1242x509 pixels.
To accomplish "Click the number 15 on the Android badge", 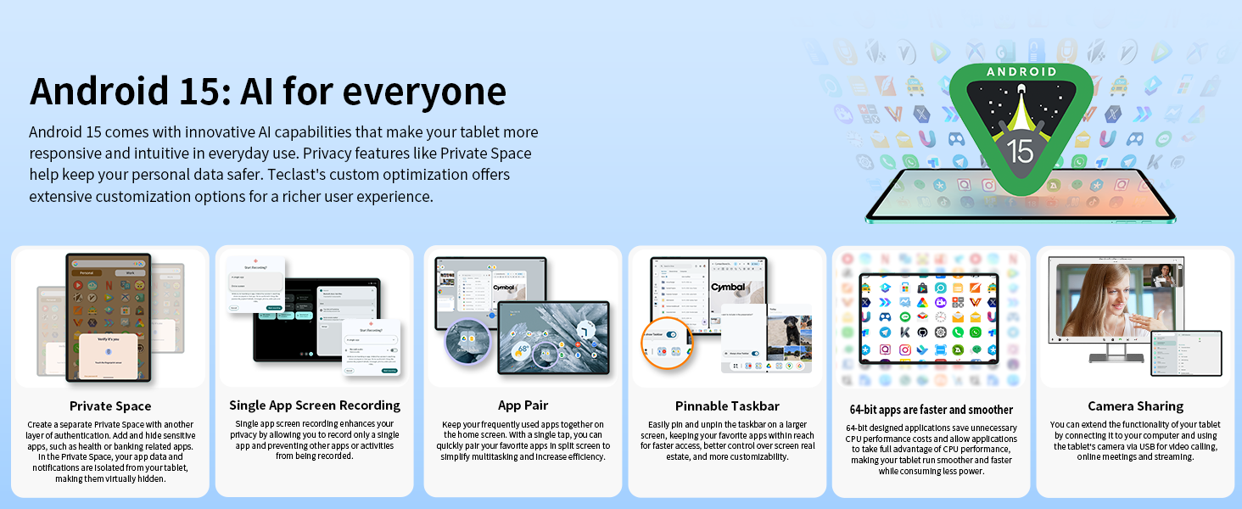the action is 1020,150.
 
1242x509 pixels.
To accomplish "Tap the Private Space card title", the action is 110,406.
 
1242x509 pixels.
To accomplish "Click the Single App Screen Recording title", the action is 315,406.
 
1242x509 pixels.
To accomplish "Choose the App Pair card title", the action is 523,406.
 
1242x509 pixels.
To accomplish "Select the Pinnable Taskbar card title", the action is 727,406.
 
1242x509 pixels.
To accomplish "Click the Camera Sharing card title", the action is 1135,406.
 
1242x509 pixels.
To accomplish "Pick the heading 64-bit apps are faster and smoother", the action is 931,410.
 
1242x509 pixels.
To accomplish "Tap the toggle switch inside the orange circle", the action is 671,335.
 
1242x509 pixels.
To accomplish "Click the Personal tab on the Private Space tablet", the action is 86,273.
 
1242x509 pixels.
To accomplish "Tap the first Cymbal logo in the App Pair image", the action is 504,288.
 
